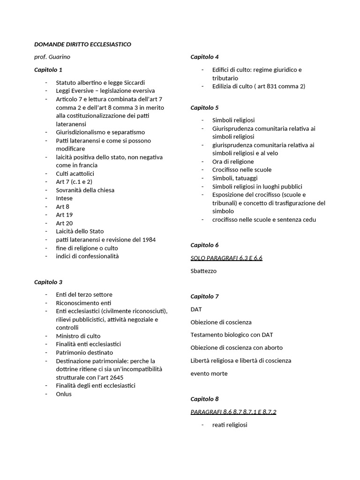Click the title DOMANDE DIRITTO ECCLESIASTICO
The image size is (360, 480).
pyautogui.click(x=82, y=45)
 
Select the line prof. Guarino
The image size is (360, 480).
pyautogui.click(x=52, y=57)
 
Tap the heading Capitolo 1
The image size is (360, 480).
pyautogui.click(x=48, y=70)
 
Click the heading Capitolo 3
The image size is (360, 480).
pyautogui.click(x=48, y=282)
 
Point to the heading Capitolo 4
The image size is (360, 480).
pyautogui.click(x=204, y=57)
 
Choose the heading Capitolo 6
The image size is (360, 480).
pyautogui.click(x=204, y=245)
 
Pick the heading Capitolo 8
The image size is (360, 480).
pyautogui.click(x=204, y=399)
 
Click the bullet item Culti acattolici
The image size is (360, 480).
pyautogui.click(x=75, y=173)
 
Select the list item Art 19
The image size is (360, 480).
pyautogui.click(x=64, y=215)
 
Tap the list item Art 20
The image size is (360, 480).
pyautogui.click(x=64, y=223)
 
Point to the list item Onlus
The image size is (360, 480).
pyautogui.click(x=64, y=394)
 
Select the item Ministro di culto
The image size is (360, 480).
pyautogui.click(x=78, y=336)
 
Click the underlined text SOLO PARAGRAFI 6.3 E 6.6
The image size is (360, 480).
pyautogui.click(x=226, y=258)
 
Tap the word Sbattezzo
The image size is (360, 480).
pyautogui.click(x=203, y=271)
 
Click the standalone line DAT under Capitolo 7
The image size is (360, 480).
pyautogui.click(x=196, y=309)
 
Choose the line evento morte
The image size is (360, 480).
pyautogui.click(x=209, y=374)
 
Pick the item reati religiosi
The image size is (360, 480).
pyautogui.click(x=230, y=425)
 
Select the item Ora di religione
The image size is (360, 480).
pyautogui.click(x=233, y=161)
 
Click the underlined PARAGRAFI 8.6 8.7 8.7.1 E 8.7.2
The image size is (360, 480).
pyautogui.click(x=233, y=412)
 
